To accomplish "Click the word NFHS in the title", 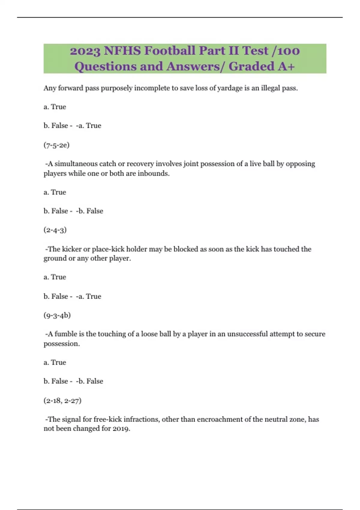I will pos(122,51).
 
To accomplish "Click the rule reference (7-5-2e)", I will pos(56,145).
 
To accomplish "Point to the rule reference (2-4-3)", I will pos(55,230).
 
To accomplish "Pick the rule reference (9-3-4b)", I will pos(57,315).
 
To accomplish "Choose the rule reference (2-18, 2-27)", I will pos(62,400).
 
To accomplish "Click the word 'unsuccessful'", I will pos(247,334).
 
